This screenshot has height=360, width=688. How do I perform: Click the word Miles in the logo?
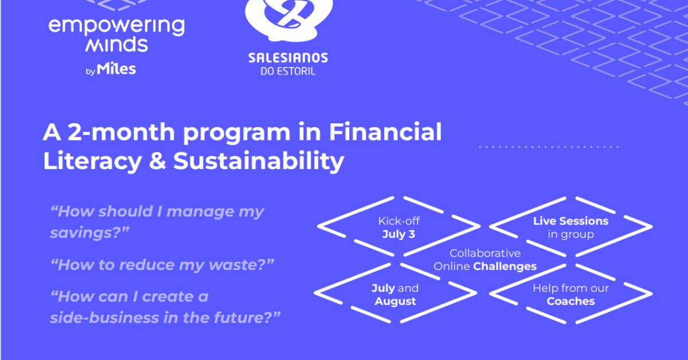(116, 68)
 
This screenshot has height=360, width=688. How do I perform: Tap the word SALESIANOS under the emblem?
(288, 58)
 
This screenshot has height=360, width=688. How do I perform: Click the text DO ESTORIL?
(288, 71)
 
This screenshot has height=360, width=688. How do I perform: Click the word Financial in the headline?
(385, 132)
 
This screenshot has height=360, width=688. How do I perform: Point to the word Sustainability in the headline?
(259, 161)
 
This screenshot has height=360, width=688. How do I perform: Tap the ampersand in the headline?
(157, 161)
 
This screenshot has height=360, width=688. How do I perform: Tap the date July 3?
(398, 234)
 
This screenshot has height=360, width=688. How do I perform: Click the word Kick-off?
(398, 221)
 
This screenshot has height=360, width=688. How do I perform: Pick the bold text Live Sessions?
(570, 221)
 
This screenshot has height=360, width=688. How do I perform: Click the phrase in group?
(570, 234)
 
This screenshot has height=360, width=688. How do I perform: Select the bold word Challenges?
(505, 267)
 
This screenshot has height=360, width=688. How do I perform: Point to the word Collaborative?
(485, 253)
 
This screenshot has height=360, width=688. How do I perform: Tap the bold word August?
(395, 302)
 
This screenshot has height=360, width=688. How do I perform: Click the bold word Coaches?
(570, 302)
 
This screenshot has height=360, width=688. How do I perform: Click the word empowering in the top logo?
(117, 27)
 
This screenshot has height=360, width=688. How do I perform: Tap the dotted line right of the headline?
(549, 147)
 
